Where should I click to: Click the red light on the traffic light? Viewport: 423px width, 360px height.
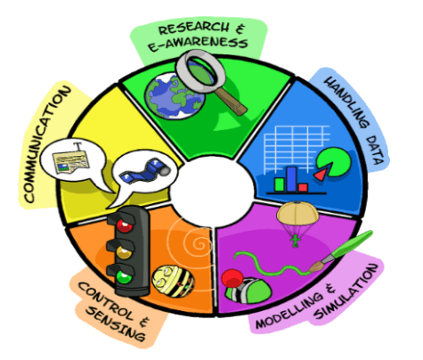click(x=125, y=225)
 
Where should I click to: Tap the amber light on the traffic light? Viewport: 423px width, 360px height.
click(x=124, y=252)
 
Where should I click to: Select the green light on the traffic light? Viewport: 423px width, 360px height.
click(x=124, y=277)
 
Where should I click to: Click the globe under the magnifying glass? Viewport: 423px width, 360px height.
click(x=175, y=96)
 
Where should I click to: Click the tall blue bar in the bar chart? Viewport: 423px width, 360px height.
click(x=291, y=179)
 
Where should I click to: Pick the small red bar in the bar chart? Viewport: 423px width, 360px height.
click(x=303, y=188)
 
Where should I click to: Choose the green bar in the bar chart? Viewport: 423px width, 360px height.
click(x=280, y=184)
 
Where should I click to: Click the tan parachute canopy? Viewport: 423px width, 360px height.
click(x=297, y=213)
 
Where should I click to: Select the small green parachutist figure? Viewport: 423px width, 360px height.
click(x=295, y=241)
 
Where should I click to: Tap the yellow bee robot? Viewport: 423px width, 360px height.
click(x=173, y=282)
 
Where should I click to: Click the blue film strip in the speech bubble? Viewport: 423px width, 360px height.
click(x=145, y=170)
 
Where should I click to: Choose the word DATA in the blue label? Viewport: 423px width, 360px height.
click(x=376, y=150)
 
